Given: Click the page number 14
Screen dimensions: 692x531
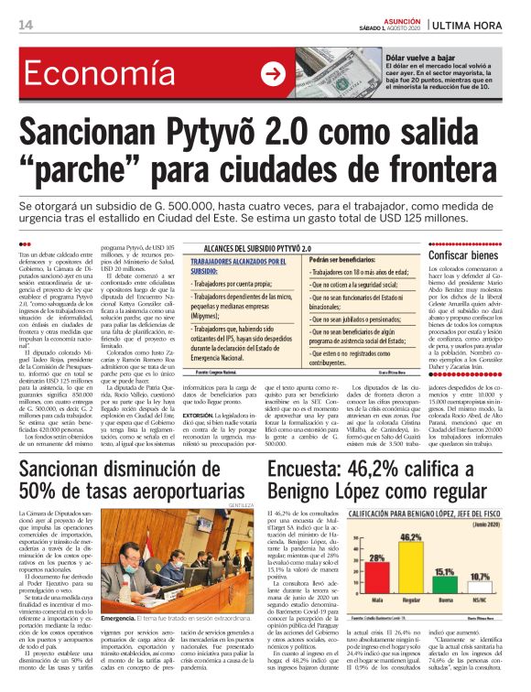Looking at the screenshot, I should tap(25, 24).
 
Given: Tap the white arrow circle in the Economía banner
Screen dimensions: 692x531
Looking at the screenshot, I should tap(273, 75).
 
